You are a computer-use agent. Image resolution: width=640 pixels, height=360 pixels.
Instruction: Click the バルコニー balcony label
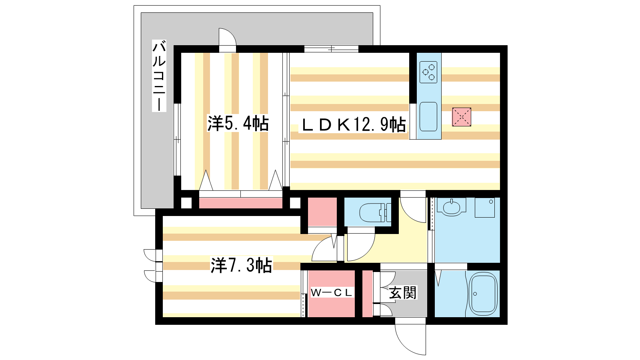click(x=159, y=76)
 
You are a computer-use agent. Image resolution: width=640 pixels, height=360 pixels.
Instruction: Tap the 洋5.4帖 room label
click(x=238, y=124)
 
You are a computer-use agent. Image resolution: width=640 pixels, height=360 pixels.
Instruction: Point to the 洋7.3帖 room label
click(x=241, y=265)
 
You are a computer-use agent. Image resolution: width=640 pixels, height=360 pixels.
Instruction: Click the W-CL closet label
click(x=331, y=292)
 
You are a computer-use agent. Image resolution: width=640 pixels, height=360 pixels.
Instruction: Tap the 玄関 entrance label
click(x=402, y=293)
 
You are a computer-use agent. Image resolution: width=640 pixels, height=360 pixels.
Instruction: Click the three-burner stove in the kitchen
click(x=428, y=72)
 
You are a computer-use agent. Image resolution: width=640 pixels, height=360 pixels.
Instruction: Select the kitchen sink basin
click(x=428, y=116)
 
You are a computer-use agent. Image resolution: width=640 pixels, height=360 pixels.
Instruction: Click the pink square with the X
click(x=462, y=117)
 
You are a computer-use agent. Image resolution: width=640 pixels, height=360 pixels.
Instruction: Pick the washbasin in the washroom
click(x=452, y=207)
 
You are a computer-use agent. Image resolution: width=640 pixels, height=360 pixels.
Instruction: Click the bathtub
click(x=483, y=294)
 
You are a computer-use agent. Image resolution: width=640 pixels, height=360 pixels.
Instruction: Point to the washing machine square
click(x=485, y=208)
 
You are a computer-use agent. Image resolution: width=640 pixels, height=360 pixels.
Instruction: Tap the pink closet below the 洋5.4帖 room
click(x=240, y=203)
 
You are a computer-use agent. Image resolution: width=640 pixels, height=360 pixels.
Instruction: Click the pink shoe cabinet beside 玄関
click(x=368, y=294)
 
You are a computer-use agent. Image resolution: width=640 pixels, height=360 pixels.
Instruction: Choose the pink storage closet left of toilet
click(x=322, y=212)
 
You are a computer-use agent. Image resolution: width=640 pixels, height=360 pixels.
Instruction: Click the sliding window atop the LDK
click(x=331, y=49)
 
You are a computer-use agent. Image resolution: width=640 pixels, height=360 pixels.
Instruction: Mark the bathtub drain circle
click(x=475, y=294)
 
